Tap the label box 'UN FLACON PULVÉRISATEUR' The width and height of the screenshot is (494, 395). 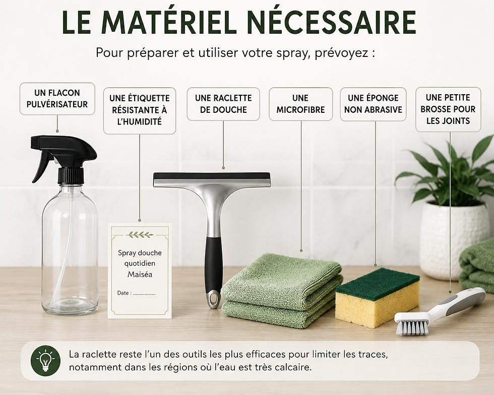pyautogui.click(x=57, y=99)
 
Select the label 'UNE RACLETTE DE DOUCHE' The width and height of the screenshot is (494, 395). pyautogui.click(x=223, y=104)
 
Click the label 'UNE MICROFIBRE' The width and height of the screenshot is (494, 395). pyautogui.click(x=300, y=104)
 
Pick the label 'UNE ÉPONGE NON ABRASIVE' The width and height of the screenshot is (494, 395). pyautogui.click(x=373, y=104)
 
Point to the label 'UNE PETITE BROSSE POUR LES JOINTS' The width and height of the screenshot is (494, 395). pyautogui.click(x=448, y=109)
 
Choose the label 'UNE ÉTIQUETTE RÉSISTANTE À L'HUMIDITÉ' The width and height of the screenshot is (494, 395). pyautogui.click(x=140, y=110)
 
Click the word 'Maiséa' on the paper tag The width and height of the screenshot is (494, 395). pyautogui.click(x=140, y=275)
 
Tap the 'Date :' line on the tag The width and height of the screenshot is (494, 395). pyautogui.click(x=136, y=293)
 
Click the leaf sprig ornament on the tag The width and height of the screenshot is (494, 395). pyautogui.click(x=140, y=235)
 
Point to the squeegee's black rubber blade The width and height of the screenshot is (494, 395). pyautogui.click(x=212, y=175)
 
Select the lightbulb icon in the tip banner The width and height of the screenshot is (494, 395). pyautogui.click(x=46, y=361)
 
